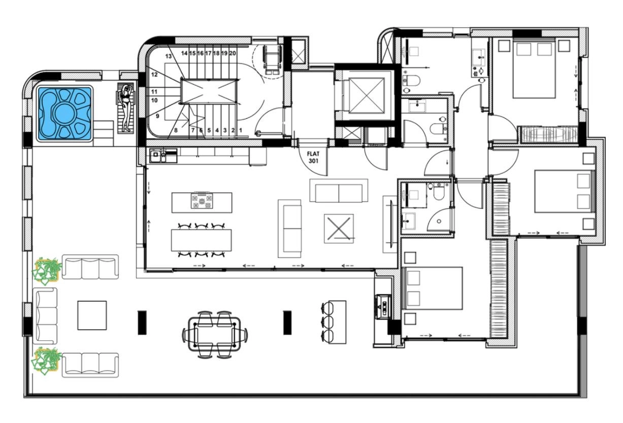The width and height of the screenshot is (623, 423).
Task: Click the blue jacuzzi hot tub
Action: click(x=64, y=113)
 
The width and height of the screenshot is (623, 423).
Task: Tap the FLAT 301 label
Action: click(x=313, y=157)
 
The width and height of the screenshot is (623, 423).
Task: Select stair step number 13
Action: click(x=169, y=56)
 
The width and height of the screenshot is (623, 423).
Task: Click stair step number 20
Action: click(x=233, y=53)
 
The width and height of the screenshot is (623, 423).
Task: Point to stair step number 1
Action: click(x=241, y=130)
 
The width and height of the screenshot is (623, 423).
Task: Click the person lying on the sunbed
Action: click(x=126, y=108)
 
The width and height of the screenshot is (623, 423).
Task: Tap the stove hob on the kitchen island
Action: click(x=202, y=200)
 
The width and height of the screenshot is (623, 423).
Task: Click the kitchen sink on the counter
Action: click(x=158, y=156)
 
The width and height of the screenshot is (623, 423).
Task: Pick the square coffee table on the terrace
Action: click(x=92, y=315)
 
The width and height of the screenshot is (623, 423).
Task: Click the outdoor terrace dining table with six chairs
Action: click(x=214, y=334)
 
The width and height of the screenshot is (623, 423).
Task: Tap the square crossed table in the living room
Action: click(x=339, y=228)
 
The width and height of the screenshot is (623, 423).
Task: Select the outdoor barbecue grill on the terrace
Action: click(x=383, y=307)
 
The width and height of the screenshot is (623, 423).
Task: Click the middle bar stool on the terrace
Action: click(x=327, y=322)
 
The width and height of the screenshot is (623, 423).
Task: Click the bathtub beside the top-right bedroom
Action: click(x=550, y=135)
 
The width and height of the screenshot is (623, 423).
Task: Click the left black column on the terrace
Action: click(x=142, y=323)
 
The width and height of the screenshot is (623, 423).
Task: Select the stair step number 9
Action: click(x=157, y=116)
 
